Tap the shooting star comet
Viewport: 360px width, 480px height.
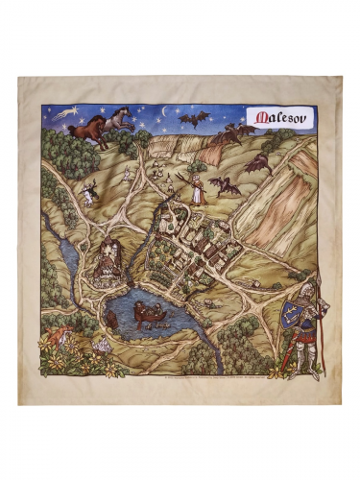[65, 114]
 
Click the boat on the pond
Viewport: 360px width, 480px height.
[149, 312]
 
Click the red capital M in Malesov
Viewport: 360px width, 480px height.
[256, 117]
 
